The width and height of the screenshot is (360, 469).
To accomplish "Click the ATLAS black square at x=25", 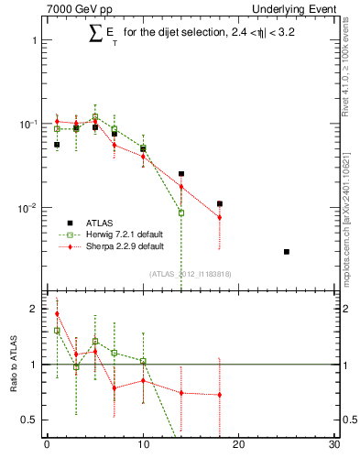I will (287, 252).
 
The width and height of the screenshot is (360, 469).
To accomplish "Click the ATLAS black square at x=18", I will (220, 203).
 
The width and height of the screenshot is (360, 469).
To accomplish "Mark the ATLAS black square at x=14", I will (181, 173).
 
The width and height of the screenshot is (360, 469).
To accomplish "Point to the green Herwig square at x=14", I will (181, 213).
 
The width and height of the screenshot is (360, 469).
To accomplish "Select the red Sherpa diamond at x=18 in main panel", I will (220, 217).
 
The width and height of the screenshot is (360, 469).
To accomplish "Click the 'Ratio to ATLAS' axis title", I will (13, 364).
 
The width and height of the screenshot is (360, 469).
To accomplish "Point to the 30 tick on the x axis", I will (334, 446).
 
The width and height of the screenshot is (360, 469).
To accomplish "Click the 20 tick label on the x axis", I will (239, 446).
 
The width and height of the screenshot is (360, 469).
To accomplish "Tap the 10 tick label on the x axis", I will (143, 446).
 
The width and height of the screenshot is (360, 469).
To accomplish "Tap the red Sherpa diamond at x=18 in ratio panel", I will (220, 395).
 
